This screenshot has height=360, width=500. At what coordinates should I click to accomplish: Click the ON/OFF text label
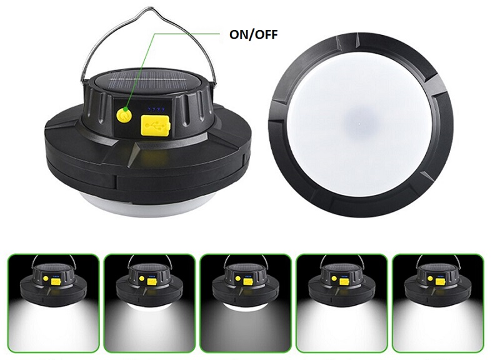point(254,34)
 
